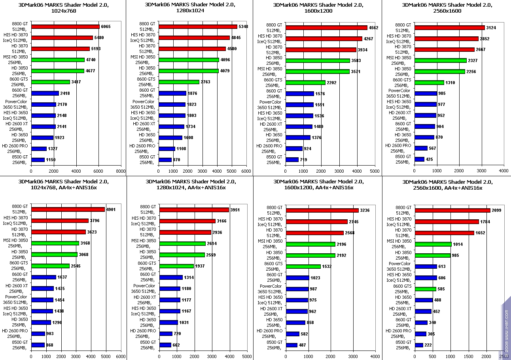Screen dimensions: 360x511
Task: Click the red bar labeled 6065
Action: (x=65, y=27)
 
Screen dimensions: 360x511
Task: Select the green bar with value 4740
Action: (x=58, y=60)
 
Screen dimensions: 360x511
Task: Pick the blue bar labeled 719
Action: (x=292, y=160)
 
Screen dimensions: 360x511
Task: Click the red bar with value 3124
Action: (x=449, y=28)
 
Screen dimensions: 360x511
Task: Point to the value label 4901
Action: (x=111, y=209)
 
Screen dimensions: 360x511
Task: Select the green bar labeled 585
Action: (x=425, y=289)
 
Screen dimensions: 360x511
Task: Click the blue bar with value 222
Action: (x=419, y=345)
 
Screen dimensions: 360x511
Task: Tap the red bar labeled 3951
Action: (x=194, y=210)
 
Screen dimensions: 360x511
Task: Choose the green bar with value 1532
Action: (x=303, y=266)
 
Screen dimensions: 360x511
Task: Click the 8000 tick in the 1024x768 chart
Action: (x=121, y=171)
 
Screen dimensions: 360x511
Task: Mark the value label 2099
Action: (x=496, y=210)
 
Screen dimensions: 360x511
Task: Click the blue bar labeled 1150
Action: (x=38, y=160)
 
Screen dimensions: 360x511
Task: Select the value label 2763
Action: (x=205, y=82)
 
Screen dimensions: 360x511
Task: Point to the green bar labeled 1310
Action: (x=429, y=83)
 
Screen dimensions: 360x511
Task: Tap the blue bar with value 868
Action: (x=38, y=345)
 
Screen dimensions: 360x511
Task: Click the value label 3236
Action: (x=365, y=210)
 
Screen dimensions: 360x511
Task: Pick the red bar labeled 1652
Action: (x=444, y=233)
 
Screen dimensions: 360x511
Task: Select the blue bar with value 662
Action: (x=165, y=345)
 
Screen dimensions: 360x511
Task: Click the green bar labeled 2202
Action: (x=305, y=83)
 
